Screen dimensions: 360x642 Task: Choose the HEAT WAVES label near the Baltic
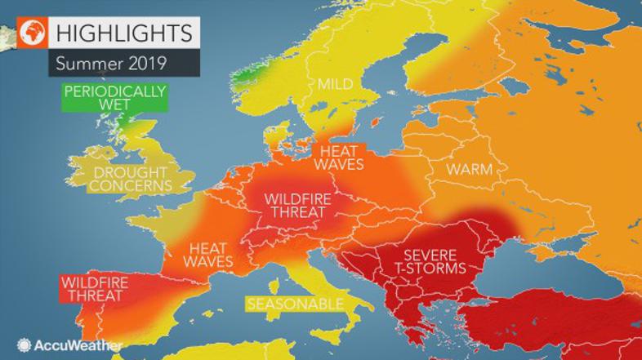tap(341, 160)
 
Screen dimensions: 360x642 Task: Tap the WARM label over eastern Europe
tap(469, 171)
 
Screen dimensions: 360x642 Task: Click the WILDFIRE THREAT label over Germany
tap(297, 205)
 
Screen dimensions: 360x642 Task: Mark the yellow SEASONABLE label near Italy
tap(293, 304)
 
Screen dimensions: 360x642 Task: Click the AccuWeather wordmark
tap(75, 345)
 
